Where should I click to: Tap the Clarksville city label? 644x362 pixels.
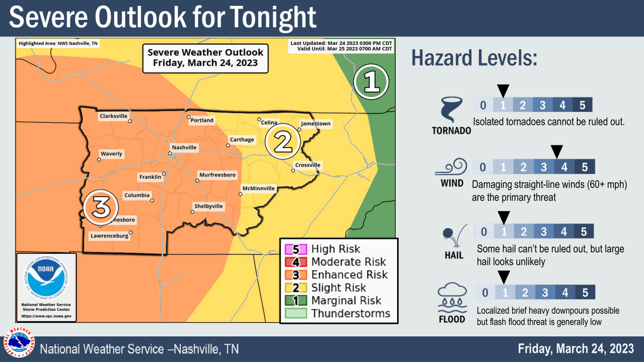pos(113,115)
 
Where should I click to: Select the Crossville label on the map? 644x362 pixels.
pos(308,165)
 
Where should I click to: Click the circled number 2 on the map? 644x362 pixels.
pos(283,141)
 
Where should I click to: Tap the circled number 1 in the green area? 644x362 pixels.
pos(371,82)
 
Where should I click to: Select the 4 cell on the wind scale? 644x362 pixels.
pos(564,167)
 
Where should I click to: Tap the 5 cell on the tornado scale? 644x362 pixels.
pos(582,104)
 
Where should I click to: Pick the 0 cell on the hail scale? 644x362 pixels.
pos(484,232)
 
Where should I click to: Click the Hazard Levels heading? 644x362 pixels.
pos(474,58)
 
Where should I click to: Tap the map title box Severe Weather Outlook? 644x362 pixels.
pos(206,57)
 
